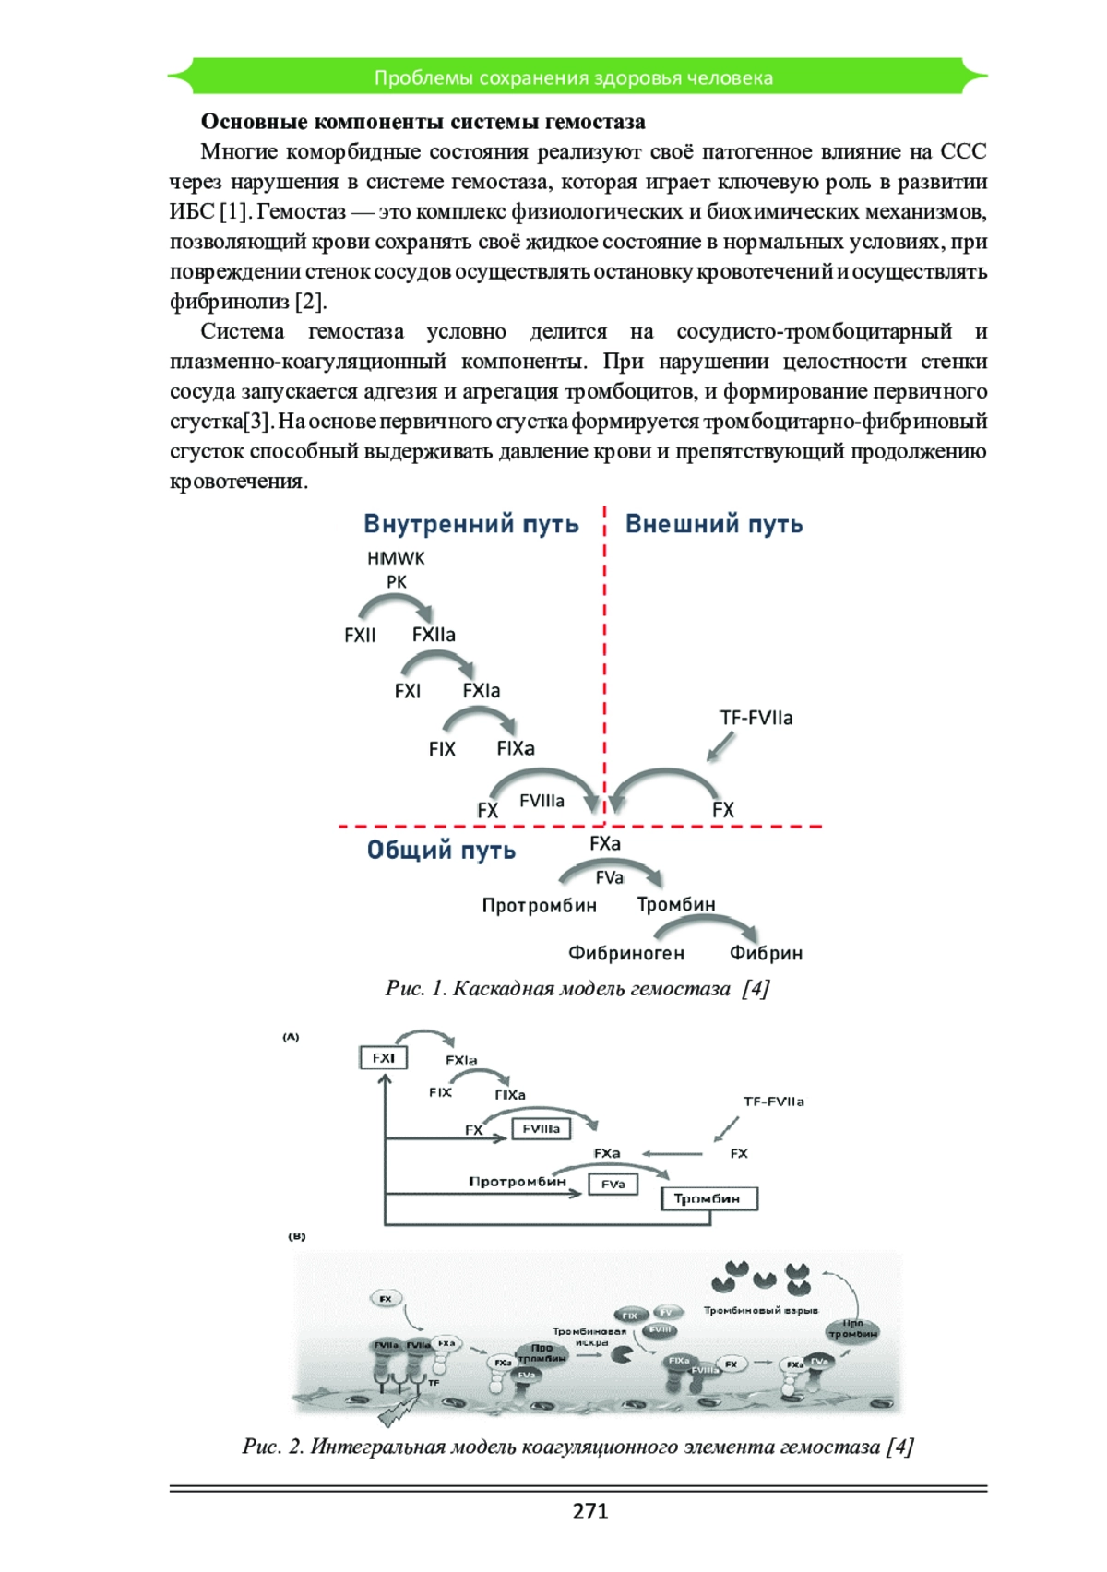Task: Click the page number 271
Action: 590,1510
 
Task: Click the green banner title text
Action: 573,77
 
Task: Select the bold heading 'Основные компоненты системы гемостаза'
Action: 423,122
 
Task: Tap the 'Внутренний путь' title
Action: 470,524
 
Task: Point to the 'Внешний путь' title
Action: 714,524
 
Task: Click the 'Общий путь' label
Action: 441,850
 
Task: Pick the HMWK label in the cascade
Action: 396,558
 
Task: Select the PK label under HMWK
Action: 396,582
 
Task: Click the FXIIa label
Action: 434,635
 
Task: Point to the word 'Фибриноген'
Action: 625,953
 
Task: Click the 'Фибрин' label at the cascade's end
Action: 766,953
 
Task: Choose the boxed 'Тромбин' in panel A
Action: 708,1198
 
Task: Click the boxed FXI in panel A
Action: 383,1058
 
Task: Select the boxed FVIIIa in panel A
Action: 541,1128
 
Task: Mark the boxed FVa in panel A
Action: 613,1184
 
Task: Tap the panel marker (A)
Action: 291,1037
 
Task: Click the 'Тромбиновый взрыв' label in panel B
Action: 760,1310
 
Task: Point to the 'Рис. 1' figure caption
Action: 577,988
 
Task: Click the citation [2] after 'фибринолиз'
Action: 310,302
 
